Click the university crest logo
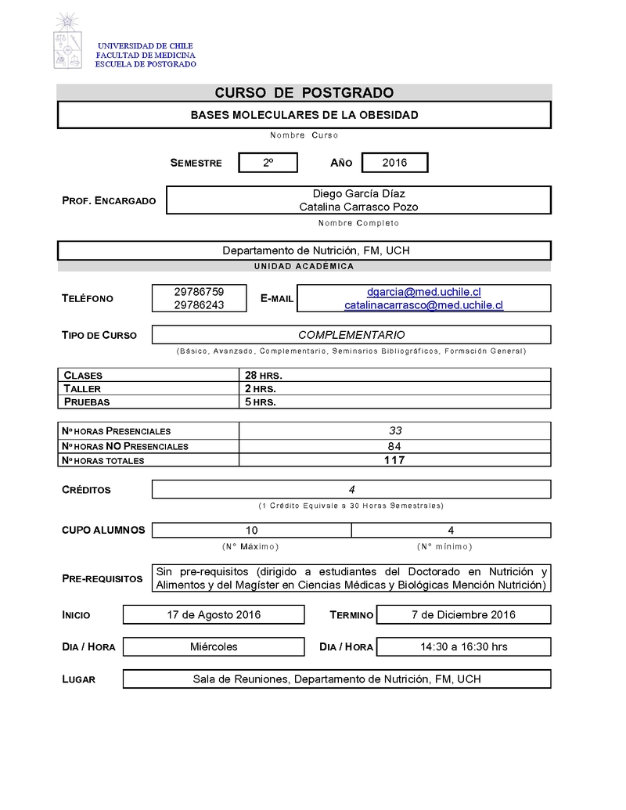68,41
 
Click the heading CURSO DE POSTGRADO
304,93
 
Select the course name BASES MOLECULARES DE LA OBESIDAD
304,115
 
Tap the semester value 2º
268,163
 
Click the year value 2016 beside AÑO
394,163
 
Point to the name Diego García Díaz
358,193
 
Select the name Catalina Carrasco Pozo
358,207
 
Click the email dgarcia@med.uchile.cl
423,292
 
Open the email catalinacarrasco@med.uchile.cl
423,305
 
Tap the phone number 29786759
199,292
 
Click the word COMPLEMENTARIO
351,335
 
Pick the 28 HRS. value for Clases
264,376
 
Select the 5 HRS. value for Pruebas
261,402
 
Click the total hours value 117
394,460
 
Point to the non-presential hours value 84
394,446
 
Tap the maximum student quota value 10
251,530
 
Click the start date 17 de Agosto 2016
214,614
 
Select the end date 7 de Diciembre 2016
463,614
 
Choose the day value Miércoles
214,646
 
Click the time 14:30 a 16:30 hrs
463,646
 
